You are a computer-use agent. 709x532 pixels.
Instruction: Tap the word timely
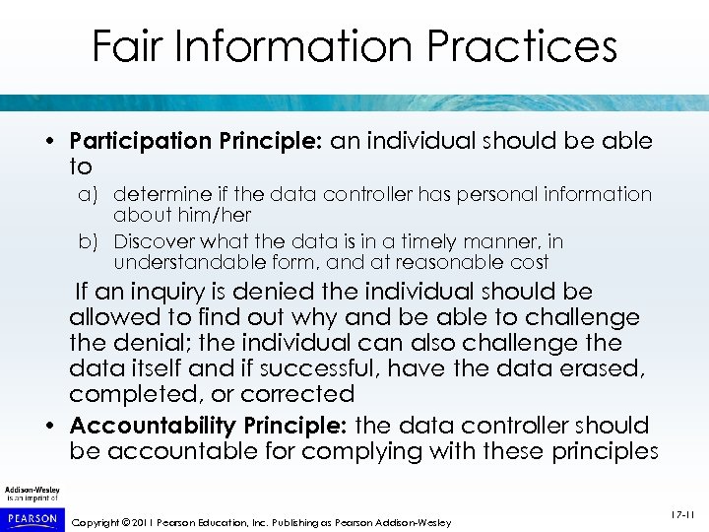pyautogui.click(x=417, y=241)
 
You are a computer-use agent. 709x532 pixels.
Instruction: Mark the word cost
pyautogui.click(x=529, y=262)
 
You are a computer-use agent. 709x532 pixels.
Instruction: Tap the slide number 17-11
pyautogui.click(x=681, y=512)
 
